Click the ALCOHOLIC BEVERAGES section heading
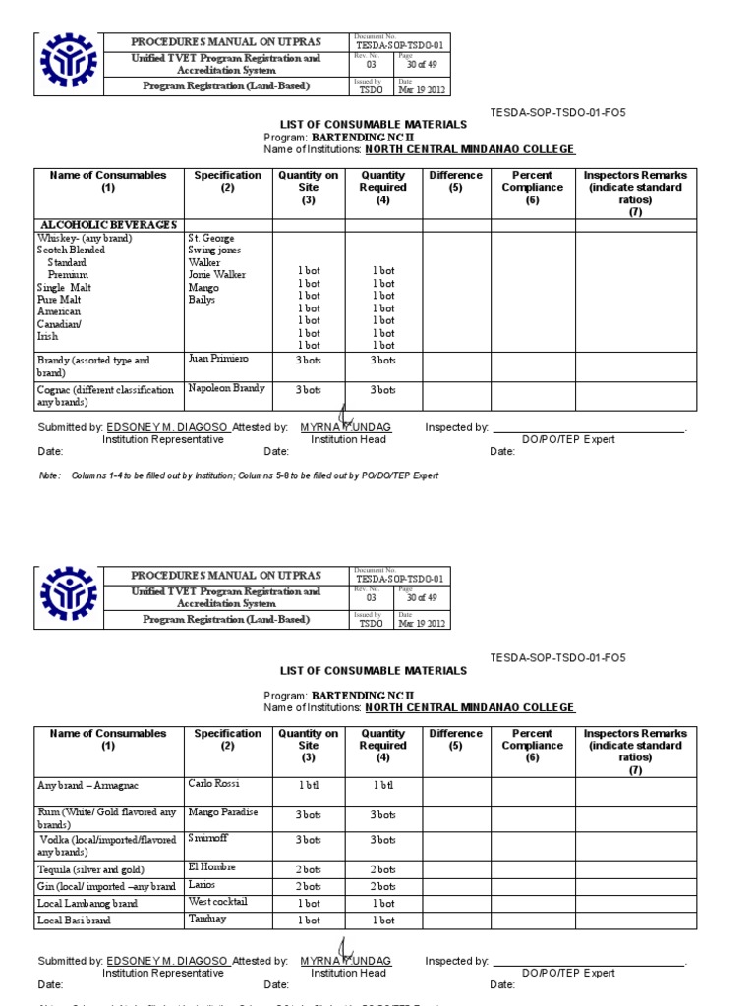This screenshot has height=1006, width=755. click(107, 225)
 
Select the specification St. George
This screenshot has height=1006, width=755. click(210, 238)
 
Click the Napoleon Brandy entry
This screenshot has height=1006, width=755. click(226, 388)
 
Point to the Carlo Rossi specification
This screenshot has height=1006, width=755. click(213, 784)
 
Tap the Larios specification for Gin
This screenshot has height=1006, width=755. click(202, 885)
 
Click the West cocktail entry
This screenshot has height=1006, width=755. click(217, 902)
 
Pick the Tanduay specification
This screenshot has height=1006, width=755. click(207, 920)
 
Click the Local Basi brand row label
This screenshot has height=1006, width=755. click(74, 921)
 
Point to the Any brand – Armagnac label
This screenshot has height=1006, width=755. click(88, 785)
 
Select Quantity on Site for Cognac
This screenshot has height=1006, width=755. click(309, 390)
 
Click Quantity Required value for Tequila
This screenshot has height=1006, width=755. click(383, 869)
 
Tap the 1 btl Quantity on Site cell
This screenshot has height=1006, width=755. click(309, 786)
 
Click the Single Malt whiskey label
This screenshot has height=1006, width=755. click(64, 288)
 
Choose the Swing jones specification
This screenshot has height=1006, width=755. click(214, 251)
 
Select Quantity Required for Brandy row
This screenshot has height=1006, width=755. click(383, 362)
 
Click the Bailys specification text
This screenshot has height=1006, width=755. click(202, 300)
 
